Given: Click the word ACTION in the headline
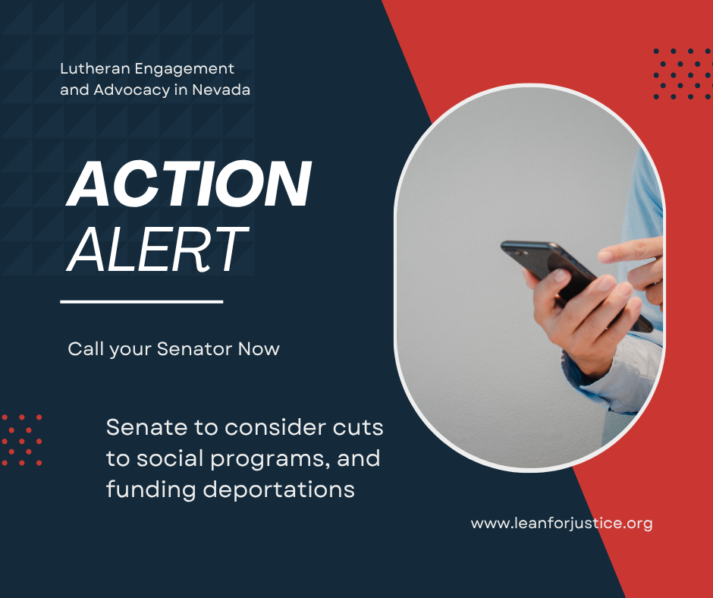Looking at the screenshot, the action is pos(189,184).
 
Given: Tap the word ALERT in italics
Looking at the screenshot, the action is pos(157,250).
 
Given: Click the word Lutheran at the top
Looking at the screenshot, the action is pos(96,69).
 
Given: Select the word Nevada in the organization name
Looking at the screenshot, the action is pos(221,90).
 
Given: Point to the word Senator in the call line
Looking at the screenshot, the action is pos(195,349).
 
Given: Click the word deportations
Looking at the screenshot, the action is pos(278,490).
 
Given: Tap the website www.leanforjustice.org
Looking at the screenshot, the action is pos(561,524).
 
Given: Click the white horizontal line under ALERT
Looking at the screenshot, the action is pos(141,301).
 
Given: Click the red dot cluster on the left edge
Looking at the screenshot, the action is pos(22,440).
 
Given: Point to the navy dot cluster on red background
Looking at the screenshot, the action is pos(682,74).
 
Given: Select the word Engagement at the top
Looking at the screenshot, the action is pos(184,70).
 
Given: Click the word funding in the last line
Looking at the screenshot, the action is pos(151,490).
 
